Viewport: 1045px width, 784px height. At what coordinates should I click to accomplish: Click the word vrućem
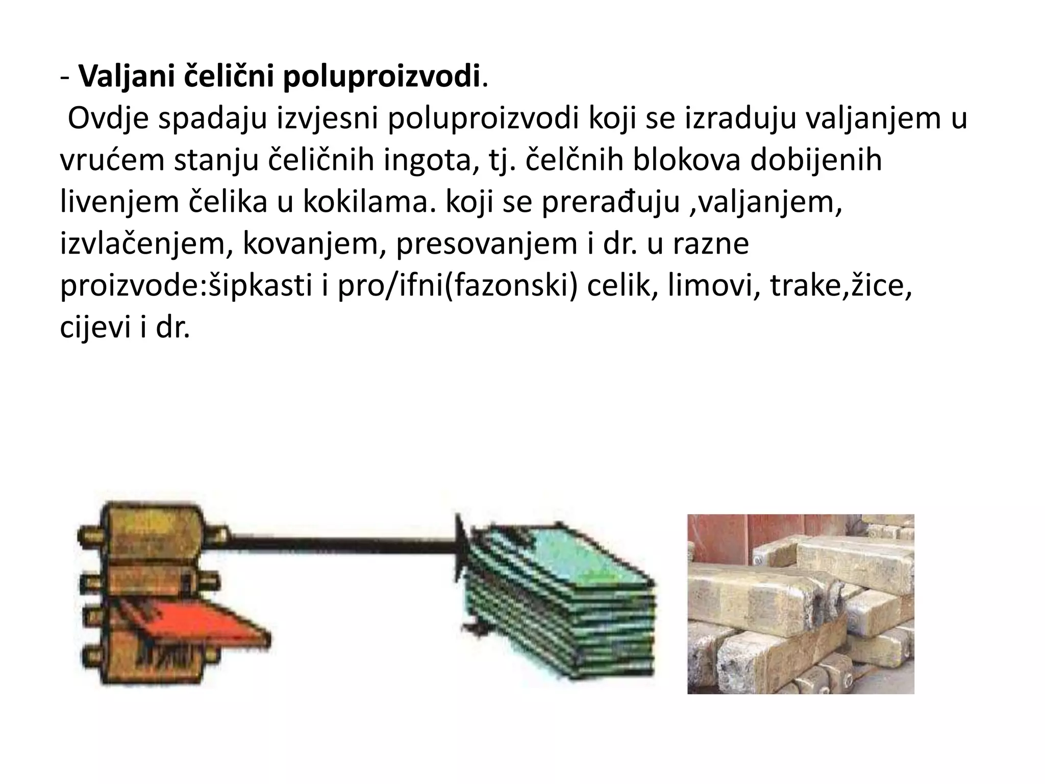pos(113,160)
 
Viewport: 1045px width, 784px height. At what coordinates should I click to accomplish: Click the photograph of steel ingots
pos(801,604)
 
